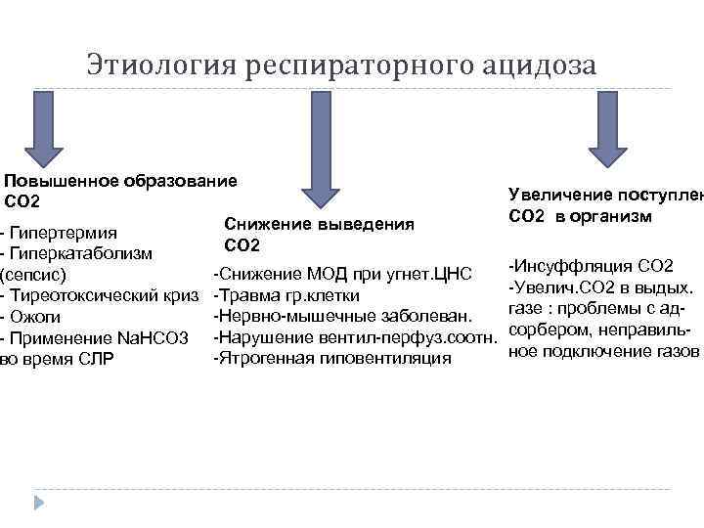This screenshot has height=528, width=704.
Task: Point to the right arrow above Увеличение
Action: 606,136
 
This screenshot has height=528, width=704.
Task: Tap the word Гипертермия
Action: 68,234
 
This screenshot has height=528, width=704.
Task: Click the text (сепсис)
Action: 34,275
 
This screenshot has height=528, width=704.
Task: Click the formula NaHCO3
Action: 152,337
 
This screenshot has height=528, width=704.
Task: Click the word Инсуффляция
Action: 577,266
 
